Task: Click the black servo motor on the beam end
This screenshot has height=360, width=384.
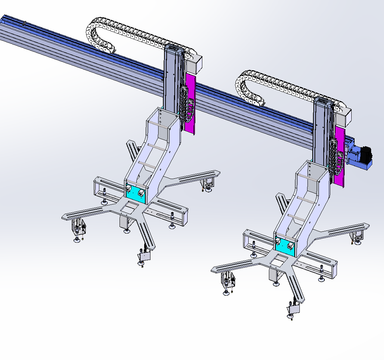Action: (x=366, y=153)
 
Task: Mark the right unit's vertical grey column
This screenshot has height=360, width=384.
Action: (x=321, y=131)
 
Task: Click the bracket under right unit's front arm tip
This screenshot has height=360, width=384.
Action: (x=294, y=308)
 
